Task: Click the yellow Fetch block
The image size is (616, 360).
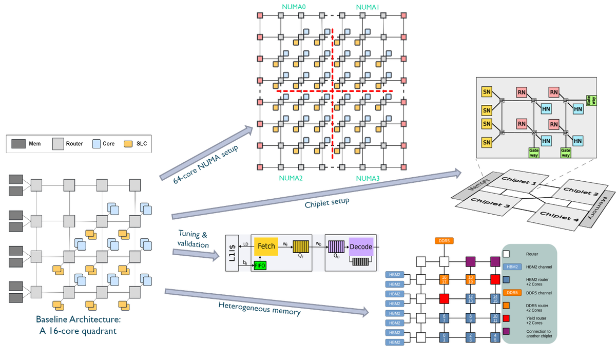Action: (266, 247)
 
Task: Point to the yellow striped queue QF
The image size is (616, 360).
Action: (299, 247)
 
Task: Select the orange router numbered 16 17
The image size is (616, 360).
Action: (444, 279)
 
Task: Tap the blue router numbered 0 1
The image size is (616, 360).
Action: (444, 337)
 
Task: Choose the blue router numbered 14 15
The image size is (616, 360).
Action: (494, 298)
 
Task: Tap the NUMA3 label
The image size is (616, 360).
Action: (367, 178)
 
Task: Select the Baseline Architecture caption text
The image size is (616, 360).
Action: (80, 325)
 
